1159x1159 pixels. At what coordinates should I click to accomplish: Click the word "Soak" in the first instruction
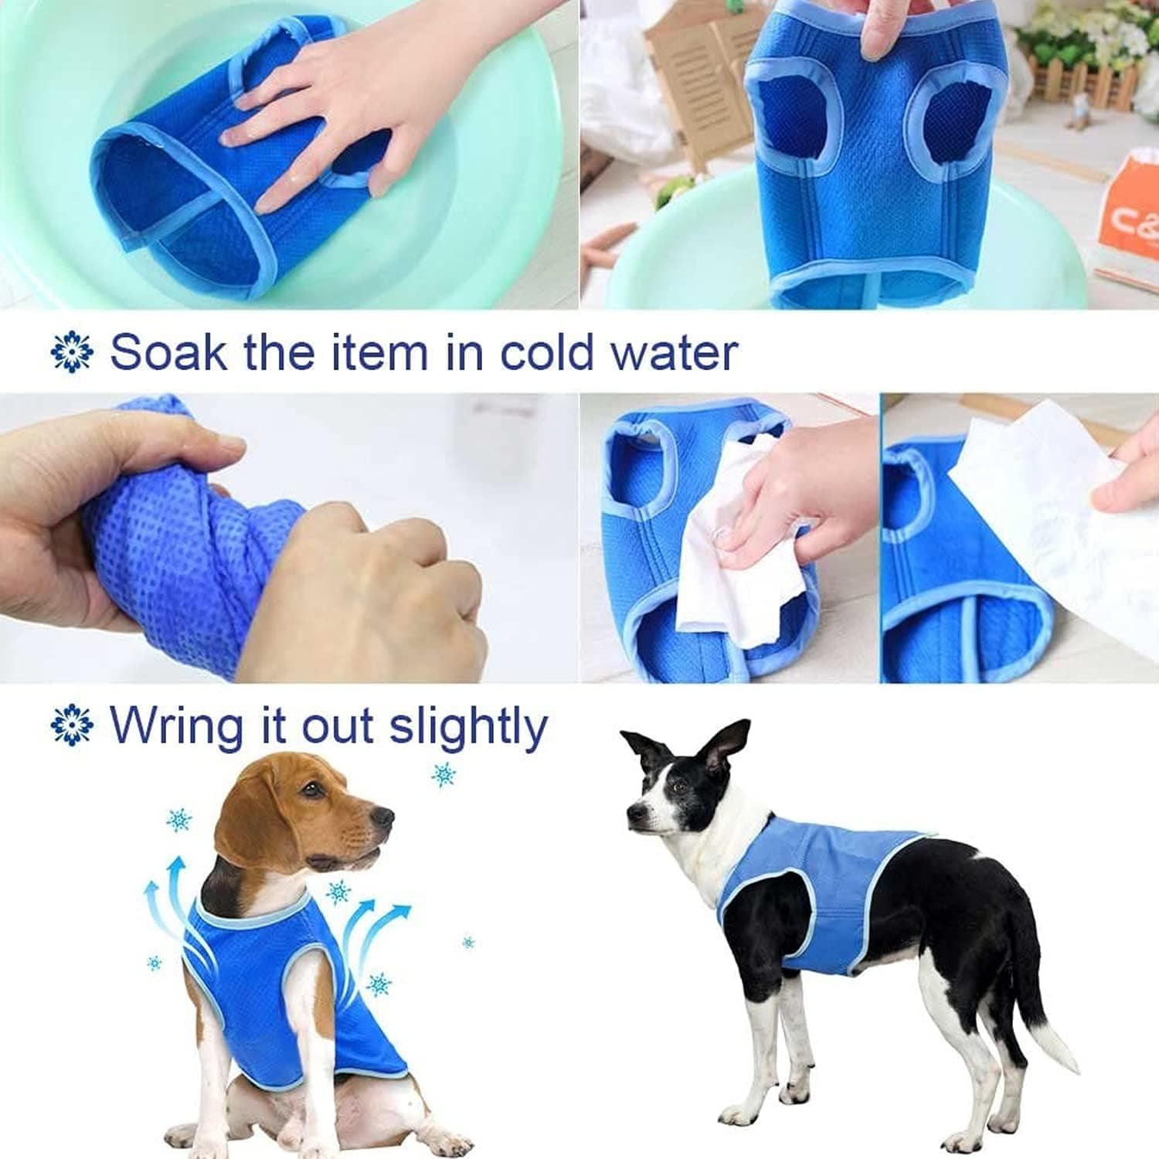point(169,352)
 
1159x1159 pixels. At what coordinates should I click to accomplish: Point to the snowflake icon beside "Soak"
point(72,353)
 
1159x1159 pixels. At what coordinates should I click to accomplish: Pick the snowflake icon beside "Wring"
point(72,726)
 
